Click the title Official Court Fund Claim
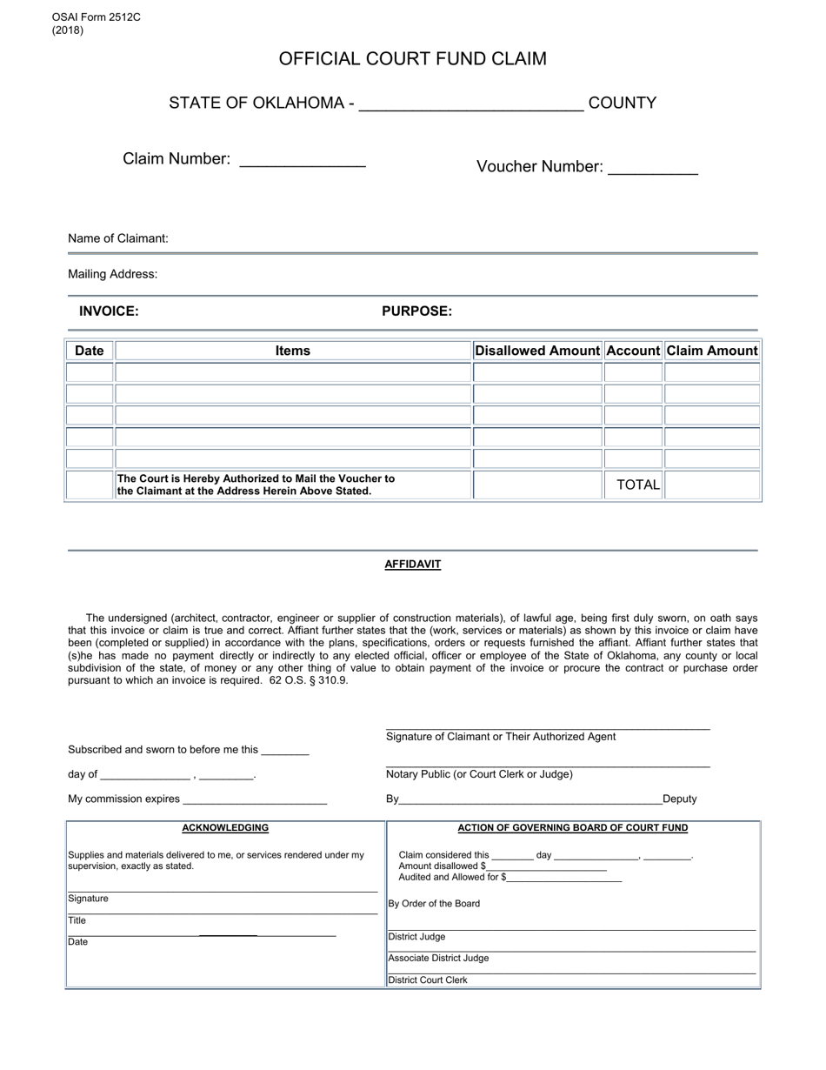412,59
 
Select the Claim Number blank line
302,163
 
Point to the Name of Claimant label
118,238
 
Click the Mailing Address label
113,274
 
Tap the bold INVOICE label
109,311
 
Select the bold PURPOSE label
416,311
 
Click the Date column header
90,351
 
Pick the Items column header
292,351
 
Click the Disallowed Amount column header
537,351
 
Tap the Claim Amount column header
712,351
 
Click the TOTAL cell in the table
637,485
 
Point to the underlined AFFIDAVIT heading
412,565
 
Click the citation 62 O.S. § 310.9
309,680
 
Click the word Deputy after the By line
679,799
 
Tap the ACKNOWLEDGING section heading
225,828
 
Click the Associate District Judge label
438,958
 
